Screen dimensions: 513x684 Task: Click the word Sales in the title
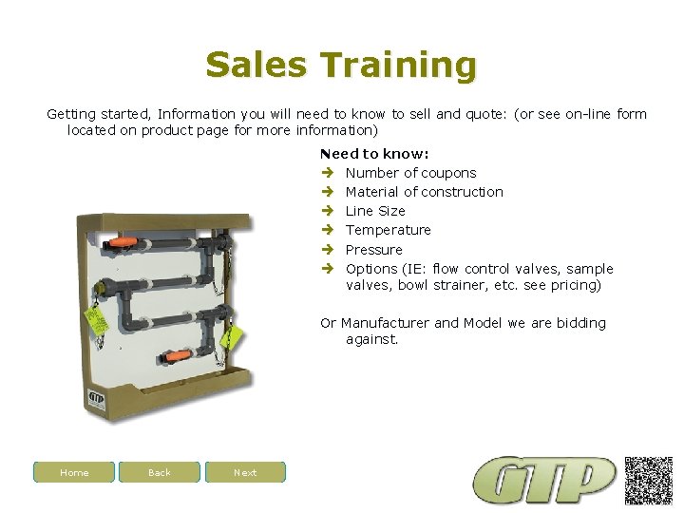[256, 66]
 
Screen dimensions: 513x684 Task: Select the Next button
[245, 472]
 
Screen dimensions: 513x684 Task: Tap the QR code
[648, 480]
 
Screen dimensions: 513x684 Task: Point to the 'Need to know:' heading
[374, 153]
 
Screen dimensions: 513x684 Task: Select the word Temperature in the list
[388, 230]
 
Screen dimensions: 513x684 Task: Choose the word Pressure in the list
[373, 249]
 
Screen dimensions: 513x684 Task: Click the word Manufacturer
[385, 323]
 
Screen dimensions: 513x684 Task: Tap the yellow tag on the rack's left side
[95, 318]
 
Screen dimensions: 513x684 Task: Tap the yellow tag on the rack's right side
[230, 335]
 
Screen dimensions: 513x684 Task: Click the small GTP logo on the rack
[96, 399]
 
